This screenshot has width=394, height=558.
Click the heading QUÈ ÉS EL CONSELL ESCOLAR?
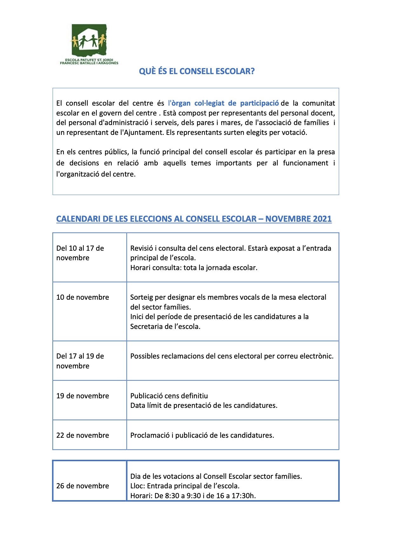[197, 71]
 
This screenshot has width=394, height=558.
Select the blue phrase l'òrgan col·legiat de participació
[223, 103]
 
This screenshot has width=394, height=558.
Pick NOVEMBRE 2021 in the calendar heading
[298, 219]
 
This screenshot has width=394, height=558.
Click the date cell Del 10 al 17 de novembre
[80, 253]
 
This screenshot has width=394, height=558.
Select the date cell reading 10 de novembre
[83, 297]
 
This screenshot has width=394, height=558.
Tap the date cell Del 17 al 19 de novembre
[80, 361]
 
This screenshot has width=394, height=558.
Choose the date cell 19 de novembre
[83, 396]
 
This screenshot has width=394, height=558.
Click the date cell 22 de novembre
[83, 435]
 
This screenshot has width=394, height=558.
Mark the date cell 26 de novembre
[83, 486]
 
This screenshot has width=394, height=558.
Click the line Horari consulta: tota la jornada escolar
[194, 268]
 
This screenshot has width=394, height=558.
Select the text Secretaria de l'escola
[165, 326]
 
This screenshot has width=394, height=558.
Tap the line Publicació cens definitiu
[169, 396]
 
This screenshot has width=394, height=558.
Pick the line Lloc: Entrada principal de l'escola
[185, 486]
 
